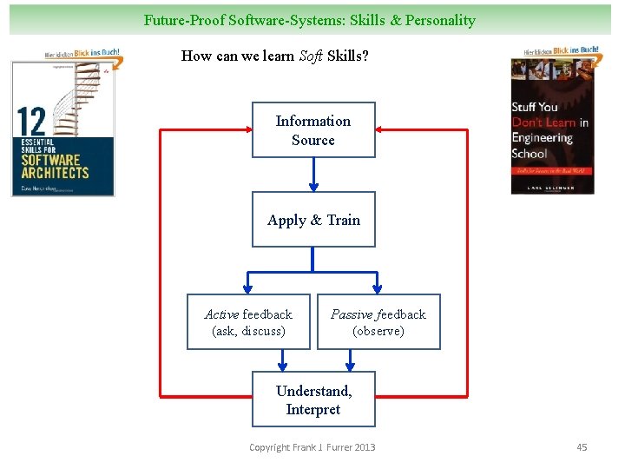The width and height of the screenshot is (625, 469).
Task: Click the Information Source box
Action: click(313, 130)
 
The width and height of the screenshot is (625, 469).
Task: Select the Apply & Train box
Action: click(313, 220)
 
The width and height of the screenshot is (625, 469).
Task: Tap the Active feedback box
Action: click(248, 322)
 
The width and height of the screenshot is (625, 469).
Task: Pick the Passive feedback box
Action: click(378, 322)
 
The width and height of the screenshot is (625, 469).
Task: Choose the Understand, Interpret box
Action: click(313, 400)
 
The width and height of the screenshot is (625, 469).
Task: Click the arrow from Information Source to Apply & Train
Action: click(313, 175)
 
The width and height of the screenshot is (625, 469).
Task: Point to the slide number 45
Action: click(582, 447)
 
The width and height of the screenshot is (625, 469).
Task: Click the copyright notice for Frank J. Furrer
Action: click(312, 447)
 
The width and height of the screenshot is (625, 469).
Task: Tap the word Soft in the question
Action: click(311, 56)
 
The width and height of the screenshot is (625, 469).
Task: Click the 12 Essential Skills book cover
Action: click(63, 129)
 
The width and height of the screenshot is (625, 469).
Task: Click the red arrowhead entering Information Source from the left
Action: click(246, 130)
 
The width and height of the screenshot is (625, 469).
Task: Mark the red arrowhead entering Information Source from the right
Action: click(382, 130)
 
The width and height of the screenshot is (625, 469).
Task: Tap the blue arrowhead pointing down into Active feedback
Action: click(248, 289)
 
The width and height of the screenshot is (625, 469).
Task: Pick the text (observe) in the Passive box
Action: click(378, 331)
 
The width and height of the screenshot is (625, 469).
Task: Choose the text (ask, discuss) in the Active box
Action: click(248, 331)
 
